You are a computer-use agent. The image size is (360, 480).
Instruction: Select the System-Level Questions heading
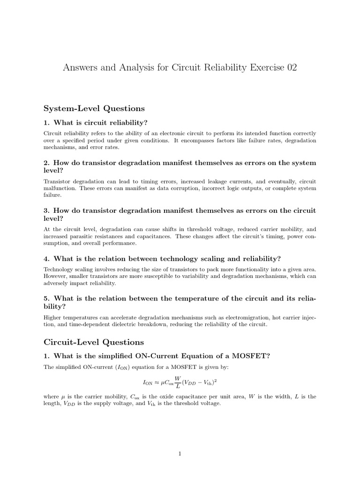[94, 108]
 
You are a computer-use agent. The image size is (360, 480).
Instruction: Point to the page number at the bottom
[180, 453]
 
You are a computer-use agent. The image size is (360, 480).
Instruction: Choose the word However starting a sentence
[55, 277]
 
